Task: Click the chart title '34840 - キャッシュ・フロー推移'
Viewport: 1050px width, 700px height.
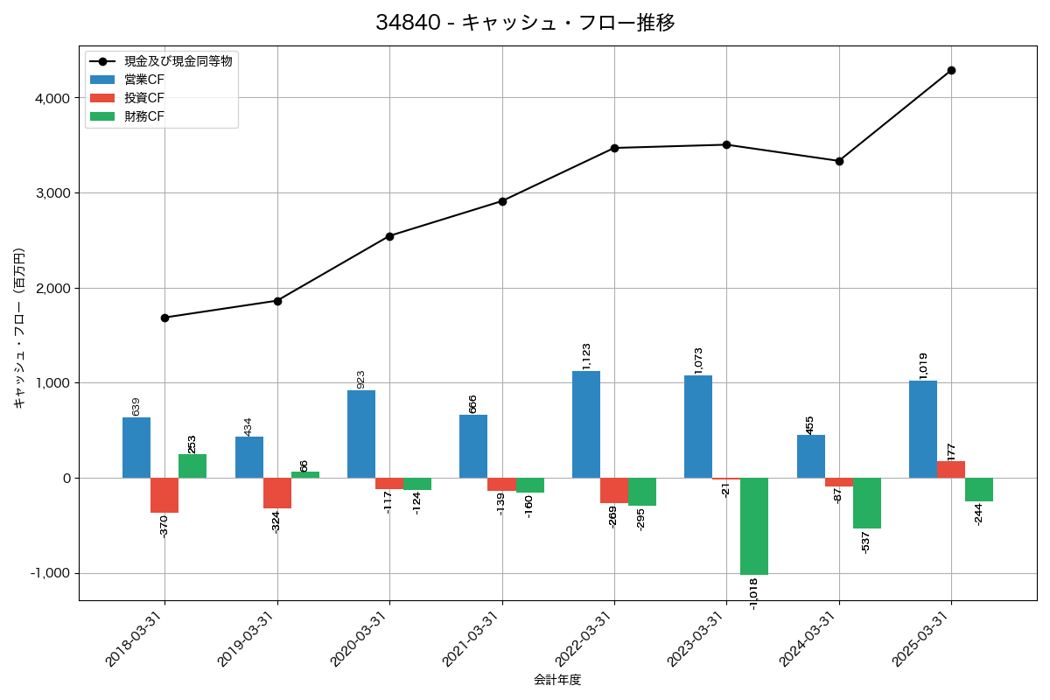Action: [x=525, y=23]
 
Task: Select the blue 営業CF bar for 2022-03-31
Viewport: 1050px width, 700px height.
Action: [x=586, y=424]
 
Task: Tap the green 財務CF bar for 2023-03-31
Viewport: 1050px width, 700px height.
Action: [x=754, y=526]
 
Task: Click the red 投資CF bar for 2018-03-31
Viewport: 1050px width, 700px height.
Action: [x=164, y=495]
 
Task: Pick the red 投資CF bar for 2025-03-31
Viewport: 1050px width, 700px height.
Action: [x=951, y=469]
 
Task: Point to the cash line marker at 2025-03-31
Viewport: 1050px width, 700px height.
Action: [x=951, y=70]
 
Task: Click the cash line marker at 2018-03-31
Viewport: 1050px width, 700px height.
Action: [x=164, y=318]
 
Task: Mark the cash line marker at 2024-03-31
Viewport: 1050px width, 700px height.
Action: [x=839, y=161]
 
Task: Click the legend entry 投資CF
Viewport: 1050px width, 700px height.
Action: [x=144, y=98]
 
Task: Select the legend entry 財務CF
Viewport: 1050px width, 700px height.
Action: [x=144, y=116]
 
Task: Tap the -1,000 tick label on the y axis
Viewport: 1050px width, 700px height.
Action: [x=50, y=573]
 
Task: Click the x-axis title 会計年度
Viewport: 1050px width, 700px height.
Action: [x=557, y=680]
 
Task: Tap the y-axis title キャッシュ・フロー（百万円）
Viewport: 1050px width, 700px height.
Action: [x=19, y=328]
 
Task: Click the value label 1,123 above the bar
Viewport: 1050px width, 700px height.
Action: [x=586, y=355]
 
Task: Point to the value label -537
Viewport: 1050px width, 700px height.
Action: [x=866, y=542]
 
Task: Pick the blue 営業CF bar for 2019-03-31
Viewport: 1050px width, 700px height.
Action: [x=249, y=457]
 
